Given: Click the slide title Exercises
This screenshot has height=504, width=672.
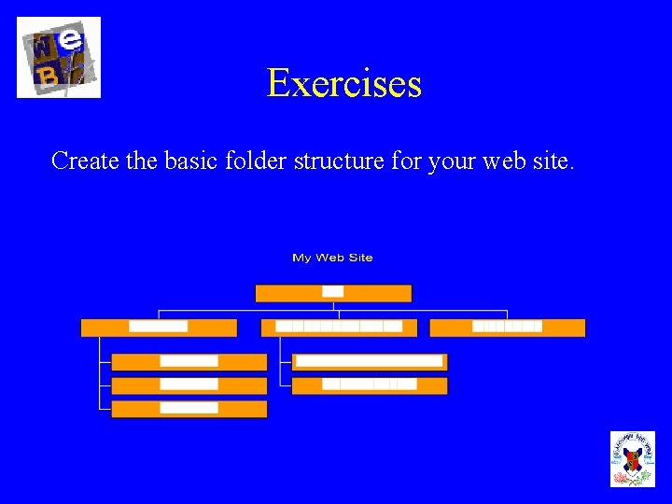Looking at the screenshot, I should click(343, 83).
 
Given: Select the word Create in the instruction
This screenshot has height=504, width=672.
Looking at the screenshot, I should click(85, 161).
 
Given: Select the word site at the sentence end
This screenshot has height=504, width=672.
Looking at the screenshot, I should click(556, 161).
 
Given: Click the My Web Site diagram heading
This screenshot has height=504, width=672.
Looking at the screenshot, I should click(332, 258).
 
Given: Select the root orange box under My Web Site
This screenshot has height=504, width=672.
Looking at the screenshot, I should click(333, 293).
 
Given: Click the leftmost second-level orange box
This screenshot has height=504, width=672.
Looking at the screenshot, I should click(159, 328).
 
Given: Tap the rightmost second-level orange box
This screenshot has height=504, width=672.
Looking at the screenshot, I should click(507, 328).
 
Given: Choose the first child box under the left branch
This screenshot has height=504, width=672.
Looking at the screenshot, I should click(189, 362).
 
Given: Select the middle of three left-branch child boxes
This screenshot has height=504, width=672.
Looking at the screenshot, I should click(189, 385).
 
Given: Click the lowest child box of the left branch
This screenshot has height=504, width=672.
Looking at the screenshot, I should click(189, 409).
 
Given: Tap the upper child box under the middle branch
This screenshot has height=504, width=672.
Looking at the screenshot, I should click(369, 362).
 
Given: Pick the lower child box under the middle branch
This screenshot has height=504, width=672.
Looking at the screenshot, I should click(369, 385).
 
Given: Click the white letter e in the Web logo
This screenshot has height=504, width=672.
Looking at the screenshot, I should click(72, 41).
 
